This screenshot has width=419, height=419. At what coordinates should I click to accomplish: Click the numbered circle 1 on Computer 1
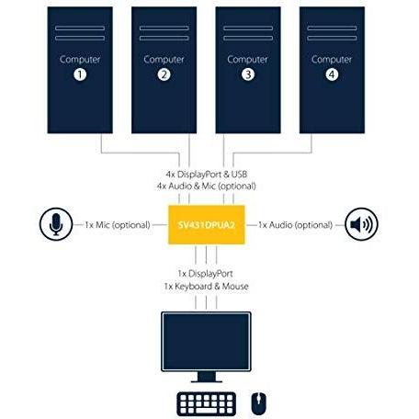[80, 74]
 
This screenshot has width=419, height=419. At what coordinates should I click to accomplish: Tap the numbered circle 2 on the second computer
[164, 74]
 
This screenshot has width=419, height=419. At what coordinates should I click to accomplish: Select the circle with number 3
[248, 74]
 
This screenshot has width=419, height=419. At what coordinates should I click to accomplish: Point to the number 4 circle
[332, 74]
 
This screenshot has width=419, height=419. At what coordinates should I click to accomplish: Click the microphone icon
[56, 224]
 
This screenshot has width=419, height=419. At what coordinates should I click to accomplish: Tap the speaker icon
[361, 224]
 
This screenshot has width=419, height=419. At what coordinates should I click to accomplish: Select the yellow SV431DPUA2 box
[207, 225]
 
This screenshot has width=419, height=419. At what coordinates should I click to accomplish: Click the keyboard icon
[207, 404]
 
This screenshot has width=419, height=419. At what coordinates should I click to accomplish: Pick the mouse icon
[259, 403]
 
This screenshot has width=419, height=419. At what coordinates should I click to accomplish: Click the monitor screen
[206, 342]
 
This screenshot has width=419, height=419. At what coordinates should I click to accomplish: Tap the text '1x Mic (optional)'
[118, 225]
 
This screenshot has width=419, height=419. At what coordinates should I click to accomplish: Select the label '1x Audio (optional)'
[295, 225]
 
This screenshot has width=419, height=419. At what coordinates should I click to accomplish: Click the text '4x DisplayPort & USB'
[207, 175]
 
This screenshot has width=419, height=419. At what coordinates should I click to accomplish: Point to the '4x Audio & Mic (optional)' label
[207, 186]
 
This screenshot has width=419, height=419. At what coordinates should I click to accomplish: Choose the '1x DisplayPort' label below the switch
[206, 274]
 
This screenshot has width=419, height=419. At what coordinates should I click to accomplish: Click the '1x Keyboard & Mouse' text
[206, 287]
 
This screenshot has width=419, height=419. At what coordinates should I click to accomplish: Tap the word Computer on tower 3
[247, 60]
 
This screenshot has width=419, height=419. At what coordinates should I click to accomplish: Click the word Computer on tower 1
[80, 60]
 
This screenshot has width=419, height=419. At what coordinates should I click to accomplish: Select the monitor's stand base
[207, 380]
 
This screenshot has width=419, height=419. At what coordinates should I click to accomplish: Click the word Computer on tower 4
[332, 60]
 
